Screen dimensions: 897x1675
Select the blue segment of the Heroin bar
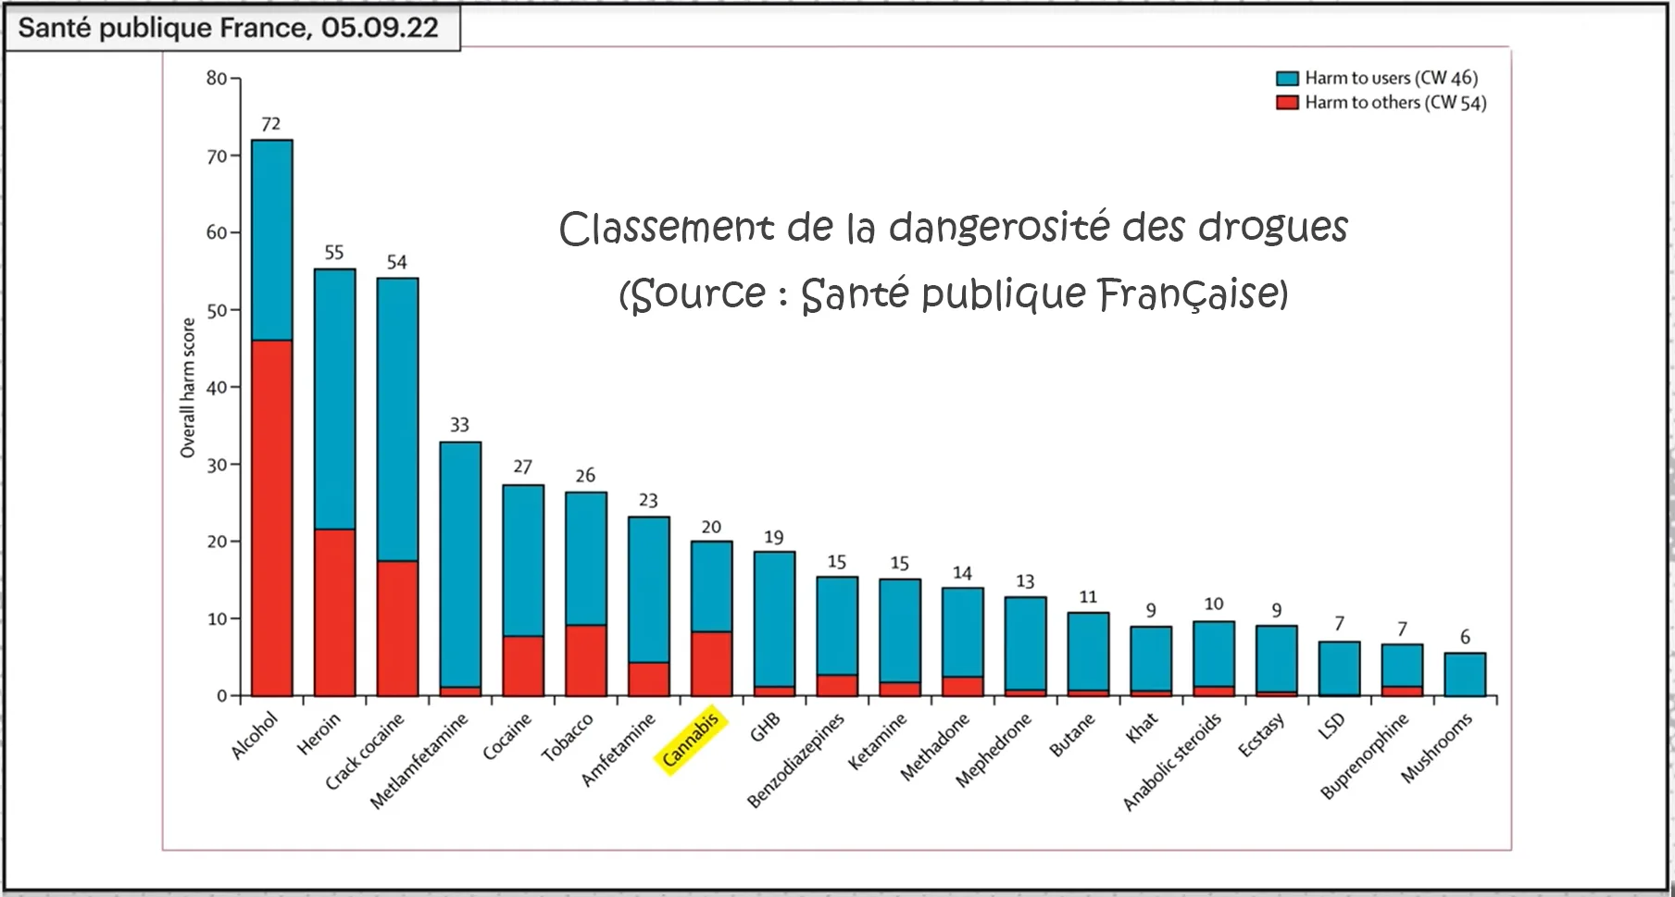click(334, 398)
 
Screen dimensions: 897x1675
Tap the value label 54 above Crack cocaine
click(396, 262)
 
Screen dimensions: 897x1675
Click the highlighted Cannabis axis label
click(691, 739)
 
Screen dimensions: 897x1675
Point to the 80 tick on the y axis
click(217, 79)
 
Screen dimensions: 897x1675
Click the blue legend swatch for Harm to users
click(1287, 79)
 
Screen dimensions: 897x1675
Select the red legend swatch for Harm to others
click(1287, 103)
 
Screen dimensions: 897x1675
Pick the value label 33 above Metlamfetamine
click(459, 425)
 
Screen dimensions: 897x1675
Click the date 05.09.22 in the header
click(380, 28)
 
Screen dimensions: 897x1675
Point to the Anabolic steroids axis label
click(1172, 761)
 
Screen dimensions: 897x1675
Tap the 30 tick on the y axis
click(217, 465)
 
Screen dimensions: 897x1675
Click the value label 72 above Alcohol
click(270, 124)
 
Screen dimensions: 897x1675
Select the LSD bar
click(1339, 667)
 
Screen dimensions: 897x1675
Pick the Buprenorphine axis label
click(1364, 755)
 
